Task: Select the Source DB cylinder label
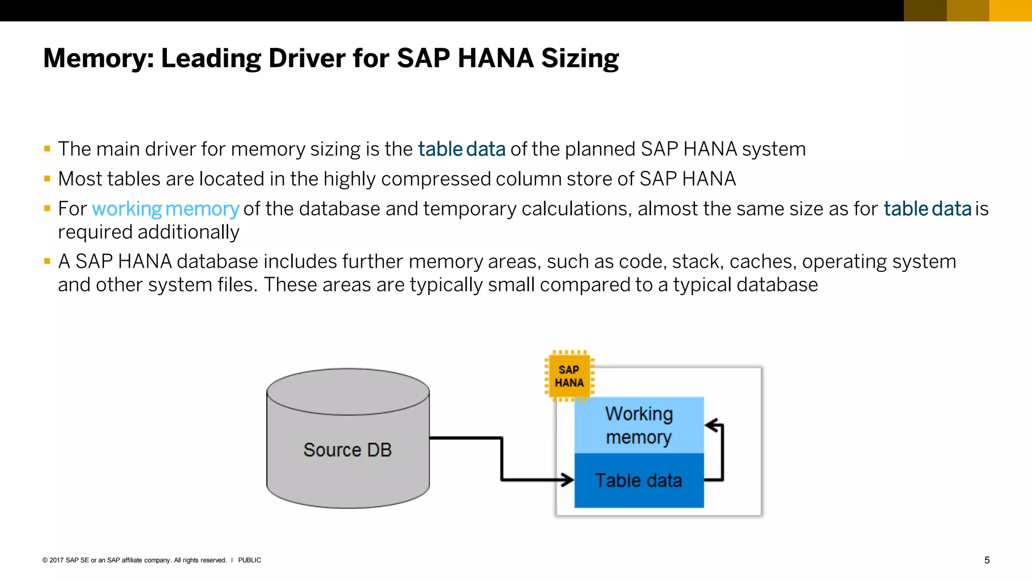coord(347,450)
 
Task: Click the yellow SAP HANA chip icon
coord(569,376)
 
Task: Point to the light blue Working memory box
coord(638,425)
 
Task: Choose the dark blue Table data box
coord(638,481)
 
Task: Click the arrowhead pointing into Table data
coord(568,480)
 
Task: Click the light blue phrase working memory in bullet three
coord(165,209)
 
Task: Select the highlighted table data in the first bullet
coord(462,149)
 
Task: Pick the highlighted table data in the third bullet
coord(927,209)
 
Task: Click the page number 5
coord(987,560)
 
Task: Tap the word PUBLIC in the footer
coord(249,560)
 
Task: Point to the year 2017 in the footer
coord(56,560)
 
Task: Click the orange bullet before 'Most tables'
coord(47,179)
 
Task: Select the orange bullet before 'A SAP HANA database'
coord(47,261)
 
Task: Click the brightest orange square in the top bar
coord(1010,11)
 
